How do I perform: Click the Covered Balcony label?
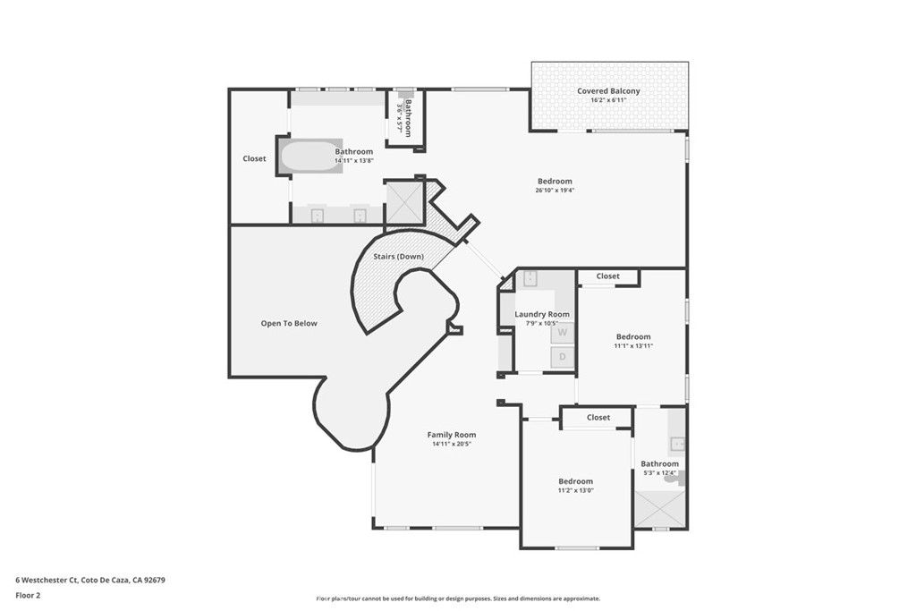[x=608, y=91]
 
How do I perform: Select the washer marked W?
[x=562, y=332]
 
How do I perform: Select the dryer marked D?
[x=562, y=357]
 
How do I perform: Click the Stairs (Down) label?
[x=398, y=257]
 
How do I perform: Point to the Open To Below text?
[x=288, y=323]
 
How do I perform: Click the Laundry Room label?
[x=542, y=314]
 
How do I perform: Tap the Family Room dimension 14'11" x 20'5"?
[x=451, y=444]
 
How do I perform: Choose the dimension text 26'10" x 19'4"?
[x=555, y=190]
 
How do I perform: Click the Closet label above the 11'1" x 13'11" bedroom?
[x=607, y=276]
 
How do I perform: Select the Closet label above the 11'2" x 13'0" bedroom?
[x=598, y=418]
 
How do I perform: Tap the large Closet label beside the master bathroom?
[x=254, y=158]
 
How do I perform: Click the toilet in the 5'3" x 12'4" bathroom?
[x=672, y=478]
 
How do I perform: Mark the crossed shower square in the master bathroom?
[x=403, y=202]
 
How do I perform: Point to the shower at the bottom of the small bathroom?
[x=660, y=510]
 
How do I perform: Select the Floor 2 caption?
[x=28, y=595]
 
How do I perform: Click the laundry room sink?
[x=530, y=279]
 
